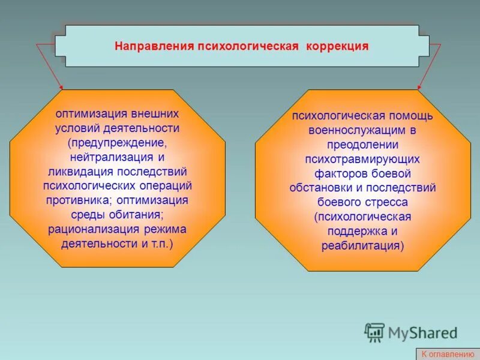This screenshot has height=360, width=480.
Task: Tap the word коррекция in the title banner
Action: [338, 46]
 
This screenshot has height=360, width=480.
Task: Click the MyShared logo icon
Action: [374, 332]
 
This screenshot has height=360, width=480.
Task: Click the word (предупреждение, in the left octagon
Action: [118, 143]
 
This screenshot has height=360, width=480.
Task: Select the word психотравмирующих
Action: [362, 159]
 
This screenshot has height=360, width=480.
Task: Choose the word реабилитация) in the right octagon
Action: [362, 245]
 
